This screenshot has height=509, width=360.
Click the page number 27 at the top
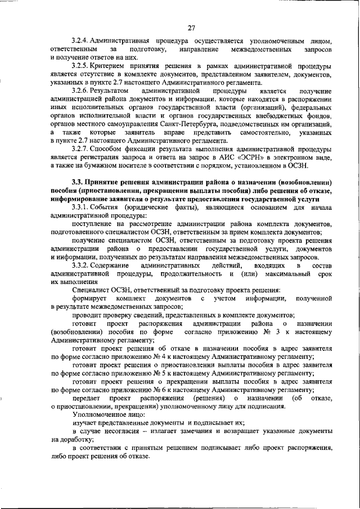pos(191,28)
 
